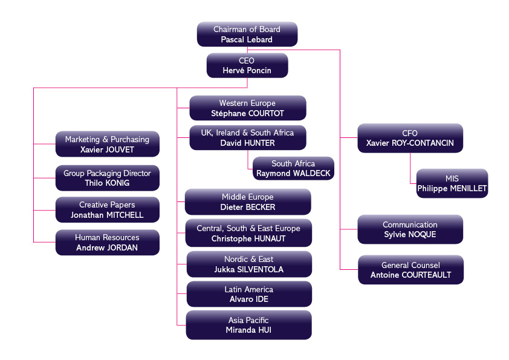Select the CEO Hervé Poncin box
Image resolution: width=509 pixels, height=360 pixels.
[x=247, y=65]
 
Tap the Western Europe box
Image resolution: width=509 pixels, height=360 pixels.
[x=247, y=108]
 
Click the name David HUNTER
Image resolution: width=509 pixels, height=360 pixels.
[x=247, y=143]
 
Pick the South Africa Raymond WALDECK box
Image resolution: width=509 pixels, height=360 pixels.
[x=293, y=168]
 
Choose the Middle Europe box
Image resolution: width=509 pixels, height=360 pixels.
[x=247, y=201]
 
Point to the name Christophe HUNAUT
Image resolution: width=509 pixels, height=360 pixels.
[x=248, y=238]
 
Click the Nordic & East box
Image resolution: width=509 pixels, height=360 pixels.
[x=248, y=264]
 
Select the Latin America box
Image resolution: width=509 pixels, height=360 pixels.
[x=248, y=294]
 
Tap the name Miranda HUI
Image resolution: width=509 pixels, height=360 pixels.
[x=248, y=330]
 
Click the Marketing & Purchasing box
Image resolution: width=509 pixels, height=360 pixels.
[x=107, y=144]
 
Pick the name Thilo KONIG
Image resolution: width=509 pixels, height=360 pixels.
[x=107, y=183]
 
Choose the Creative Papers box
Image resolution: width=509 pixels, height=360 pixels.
[x=107, y=209]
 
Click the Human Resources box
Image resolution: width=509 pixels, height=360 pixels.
[x=107, y=242]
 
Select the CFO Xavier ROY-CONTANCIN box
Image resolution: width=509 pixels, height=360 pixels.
[x=410, y=138]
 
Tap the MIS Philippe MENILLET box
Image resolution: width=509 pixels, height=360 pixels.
[x=452, y=183]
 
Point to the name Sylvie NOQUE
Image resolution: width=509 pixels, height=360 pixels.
[x=410, y=235]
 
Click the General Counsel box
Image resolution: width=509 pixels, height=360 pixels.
[x=410, y=270]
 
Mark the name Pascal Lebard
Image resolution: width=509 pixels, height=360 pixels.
[x=247, y=39]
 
